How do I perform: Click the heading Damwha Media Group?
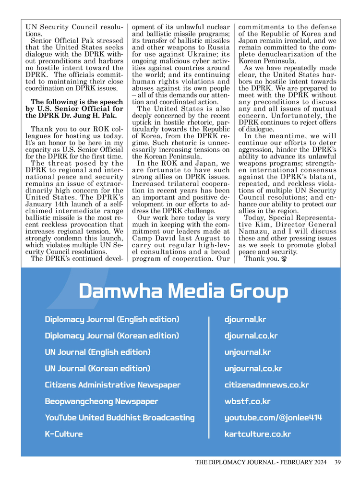pos(183,292)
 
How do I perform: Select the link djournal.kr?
pos(245,319)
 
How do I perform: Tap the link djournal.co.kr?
pos(251,336)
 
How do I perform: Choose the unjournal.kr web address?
pos(248,352)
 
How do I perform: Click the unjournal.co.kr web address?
pos(253,369)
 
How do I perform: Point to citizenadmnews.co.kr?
pos(266,385)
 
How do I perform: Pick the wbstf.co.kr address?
pos(248,401)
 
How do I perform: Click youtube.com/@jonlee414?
pos(273,418)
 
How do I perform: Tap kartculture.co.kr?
pos(258,434)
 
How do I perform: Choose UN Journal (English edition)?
pos(97,352)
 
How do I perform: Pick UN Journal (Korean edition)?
pos(97,369)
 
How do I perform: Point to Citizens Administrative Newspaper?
pos(113,385)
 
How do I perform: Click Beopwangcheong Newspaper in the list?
pos(101,401)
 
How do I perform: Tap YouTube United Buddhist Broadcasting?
pos(120,418)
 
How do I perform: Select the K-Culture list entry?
pos(64,434)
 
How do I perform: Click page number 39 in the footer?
pos(337,463)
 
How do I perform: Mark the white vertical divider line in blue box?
pos(209,377)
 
